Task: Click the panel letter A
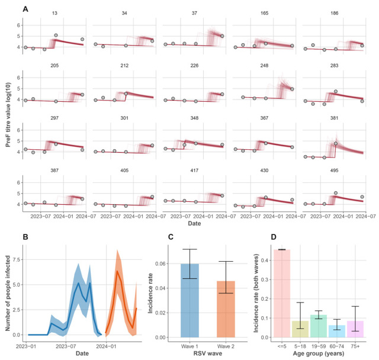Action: pos(25,9)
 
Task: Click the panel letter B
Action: pos(25,237)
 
